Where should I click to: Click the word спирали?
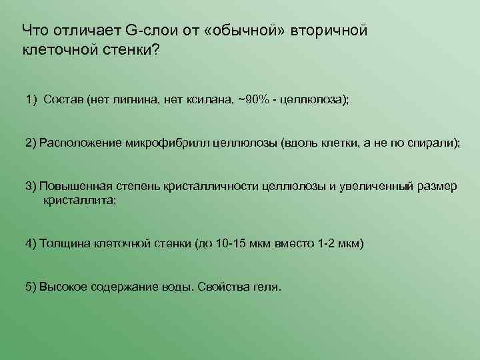[x=435, y=143]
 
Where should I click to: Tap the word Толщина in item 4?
[x=65, y=243]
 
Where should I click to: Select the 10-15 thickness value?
[x=233, y=243]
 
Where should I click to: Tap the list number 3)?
[x=31, y=187]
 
